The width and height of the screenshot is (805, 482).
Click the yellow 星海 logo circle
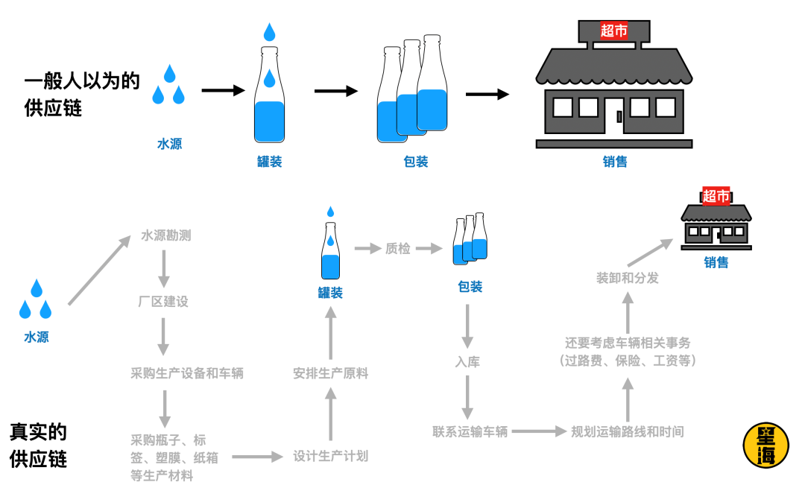[x=765, y=445]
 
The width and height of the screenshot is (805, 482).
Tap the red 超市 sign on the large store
[x=614, y=31]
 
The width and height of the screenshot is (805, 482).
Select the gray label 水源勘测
[x=166, y=235]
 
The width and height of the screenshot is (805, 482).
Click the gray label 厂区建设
[x=163, y=302]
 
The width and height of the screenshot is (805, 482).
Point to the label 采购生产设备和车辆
[x=187, y=372]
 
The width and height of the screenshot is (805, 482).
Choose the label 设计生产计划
[x=330, y=456]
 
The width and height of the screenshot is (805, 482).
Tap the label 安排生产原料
[x=330, y=372]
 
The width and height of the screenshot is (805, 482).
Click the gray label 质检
[x=397, y=249]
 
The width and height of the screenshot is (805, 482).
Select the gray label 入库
[x=467, y=362]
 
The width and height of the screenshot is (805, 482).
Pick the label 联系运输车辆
[x=470, y=431]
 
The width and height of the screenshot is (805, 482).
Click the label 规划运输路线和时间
[x=627, y=431]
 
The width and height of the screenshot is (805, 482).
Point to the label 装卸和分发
[x=627, y=278]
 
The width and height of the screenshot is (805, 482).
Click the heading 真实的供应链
[x=39, y=445]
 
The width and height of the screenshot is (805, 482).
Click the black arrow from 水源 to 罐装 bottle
[x=223, y=91]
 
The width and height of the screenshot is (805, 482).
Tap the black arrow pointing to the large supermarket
[x=487, y=95]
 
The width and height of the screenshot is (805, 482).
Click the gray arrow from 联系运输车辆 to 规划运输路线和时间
[x=539, y=431]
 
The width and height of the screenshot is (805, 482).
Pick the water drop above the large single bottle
[x=269, y=32]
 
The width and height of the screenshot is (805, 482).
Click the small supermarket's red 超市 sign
[x=716, y=196]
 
